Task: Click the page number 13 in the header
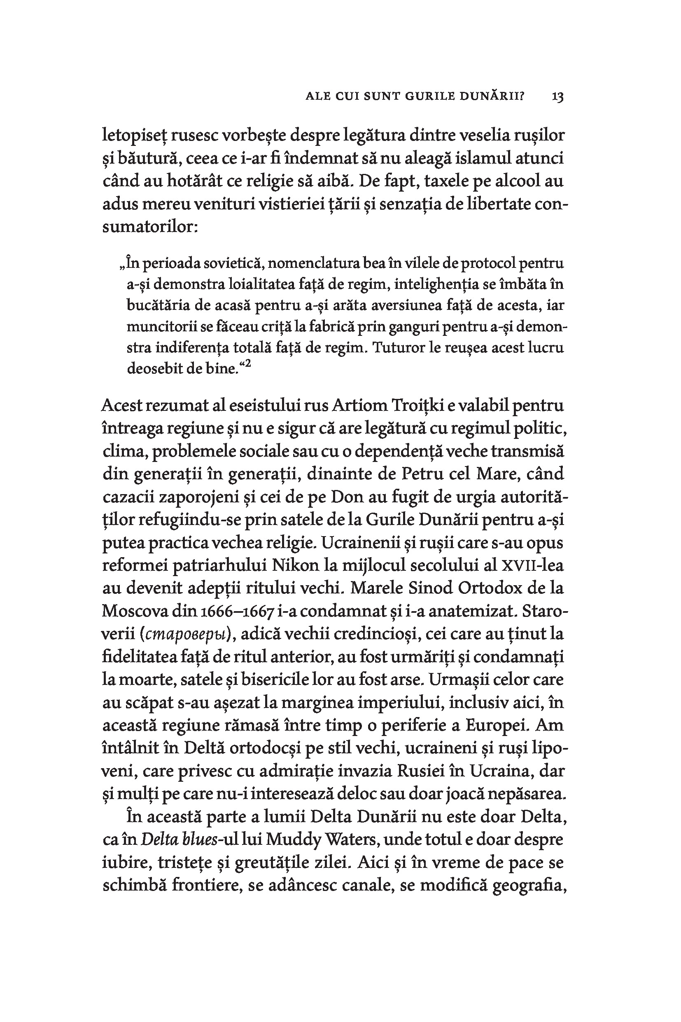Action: (557, 97)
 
